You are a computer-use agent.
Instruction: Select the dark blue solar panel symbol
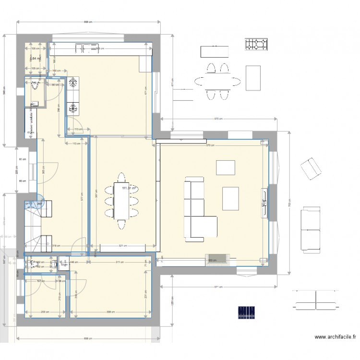pos(249,312)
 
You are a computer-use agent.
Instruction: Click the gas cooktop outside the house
pos(256,45)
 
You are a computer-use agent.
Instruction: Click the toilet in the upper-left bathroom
pos(35,86)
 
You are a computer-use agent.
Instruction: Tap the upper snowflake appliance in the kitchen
pos(73,83)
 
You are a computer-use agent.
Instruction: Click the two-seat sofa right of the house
pos(311,229)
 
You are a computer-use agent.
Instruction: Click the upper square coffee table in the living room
pos(225,167)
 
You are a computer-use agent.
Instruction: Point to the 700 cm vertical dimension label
pos(289,204)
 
